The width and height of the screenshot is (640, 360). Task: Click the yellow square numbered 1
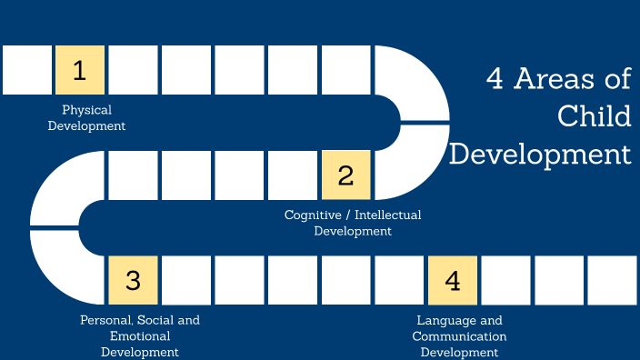(80, 70)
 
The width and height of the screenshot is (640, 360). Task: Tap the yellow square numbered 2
(345, 175)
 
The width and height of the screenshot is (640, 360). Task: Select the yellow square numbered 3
(133, 280)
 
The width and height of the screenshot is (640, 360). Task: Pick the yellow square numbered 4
(453, 280)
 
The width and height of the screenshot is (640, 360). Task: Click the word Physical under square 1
(86, 110)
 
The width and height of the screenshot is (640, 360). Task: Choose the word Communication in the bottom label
(459, 335)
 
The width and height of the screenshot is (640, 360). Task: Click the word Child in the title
(594, 115)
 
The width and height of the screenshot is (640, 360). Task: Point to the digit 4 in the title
(495, 79)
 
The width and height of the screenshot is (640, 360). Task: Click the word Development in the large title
(541, 152)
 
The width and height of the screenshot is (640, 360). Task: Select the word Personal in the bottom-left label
(104, 320)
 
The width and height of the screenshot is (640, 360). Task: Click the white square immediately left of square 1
(26, 70)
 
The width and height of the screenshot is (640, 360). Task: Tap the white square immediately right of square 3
(186, 280)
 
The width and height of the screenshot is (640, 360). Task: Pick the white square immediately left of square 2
(293, 175)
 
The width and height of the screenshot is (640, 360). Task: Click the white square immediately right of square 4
(505, 280)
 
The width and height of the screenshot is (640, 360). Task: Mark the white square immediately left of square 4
(399, 280)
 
